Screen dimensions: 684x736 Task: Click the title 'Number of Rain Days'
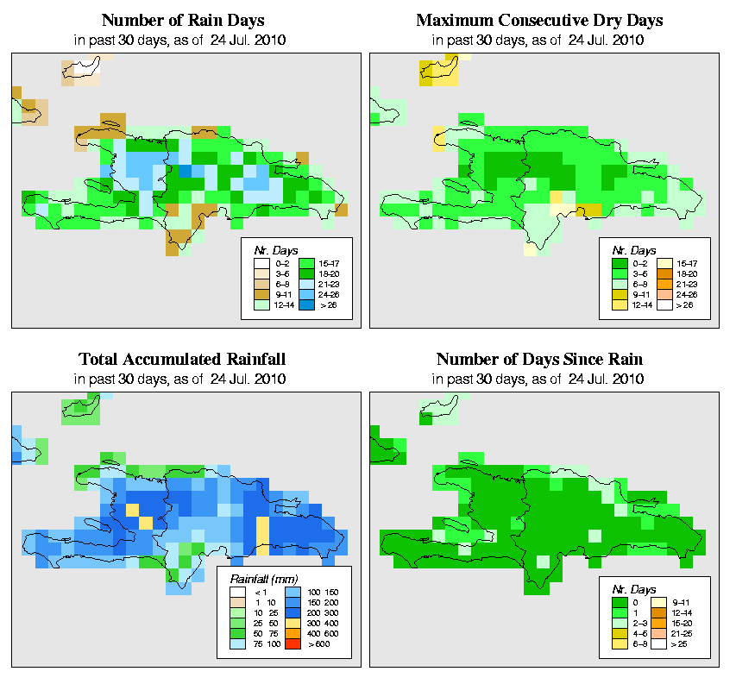(183, 20)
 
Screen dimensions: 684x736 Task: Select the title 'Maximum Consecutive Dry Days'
(539, 20)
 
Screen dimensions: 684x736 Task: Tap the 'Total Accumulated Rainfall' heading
(182, 359)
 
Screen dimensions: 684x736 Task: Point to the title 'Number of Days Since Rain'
(539, 359)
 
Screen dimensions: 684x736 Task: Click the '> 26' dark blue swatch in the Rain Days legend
(305, 304)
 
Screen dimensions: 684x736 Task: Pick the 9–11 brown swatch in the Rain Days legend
(261, 293)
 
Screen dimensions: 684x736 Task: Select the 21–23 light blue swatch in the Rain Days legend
(305, 282)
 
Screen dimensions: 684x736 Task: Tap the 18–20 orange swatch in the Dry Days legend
(664, 272)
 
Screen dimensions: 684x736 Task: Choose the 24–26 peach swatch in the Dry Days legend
(664, 293)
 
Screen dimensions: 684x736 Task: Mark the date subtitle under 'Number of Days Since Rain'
(539, 378)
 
